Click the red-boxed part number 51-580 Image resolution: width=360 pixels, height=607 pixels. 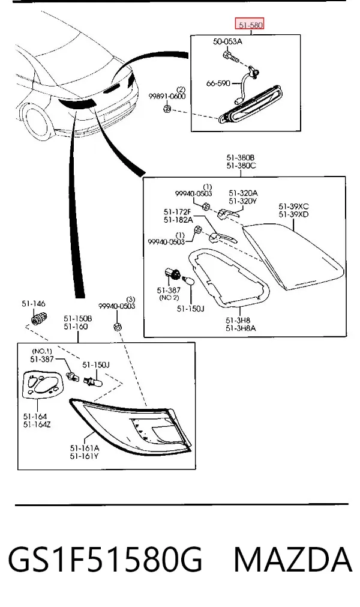tap(250, 25)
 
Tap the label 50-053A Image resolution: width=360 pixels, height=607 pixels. tap(227, 41)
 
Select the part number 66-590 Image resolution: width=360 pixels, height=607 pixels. tap(218, 83)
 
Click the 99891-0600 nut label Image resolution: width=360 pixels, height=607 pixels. tap(167, 96)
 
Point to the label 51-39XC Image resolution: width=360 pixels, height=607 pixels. tap(293, 207)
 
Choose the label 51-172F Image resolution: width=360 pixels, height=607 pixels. tap(178, 212)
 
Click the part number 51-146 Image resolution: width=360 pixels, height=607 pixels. tap(34, 304)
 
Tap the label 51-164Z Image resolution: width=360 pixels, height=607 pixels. tap(37, 424)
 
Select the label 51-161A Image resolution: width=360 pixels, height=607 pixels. tap(84, 448)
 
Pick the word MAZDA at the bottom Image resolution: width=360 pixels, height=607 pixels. tap(293, 559)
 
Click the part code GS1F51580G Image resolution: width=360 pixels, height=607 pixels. tap(105, 559)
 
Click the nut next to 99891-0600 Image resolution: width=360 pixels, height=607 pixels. tap(167, 109)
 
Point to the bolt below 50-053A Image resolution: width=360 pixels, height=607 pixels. tap(229, 56)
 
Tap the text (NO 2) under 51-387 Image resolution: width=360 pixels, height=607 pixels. tap(169, 298)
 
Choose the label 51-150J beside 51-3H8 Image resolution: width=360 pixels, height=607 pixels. tap(190, 309)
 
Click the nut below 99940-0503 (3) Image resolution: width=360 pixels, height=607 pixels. tap(117, 327)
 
